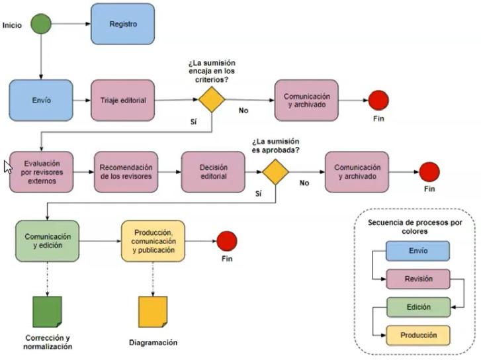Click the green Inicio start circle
[41, 24]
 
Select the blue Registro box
[122, 24]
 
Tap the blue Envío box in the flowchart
[40, 101]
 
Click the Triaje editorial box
[122, 101]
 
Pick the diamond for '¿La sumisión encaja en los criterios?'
[212, 101]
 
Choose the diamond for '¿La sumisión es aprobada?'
[275, 172]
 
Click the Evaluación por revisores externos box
[40, 172]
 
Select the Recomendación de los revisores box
[126, 172]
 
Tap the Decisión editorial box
[212, 172]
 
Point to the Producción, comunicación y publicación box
[153, 241]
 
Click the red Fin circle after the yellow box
[227, 241]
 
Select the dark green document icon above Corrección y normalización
[47, 311]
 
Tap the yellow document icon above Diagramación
[152, 311]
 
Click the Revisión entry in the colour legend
[417, 279]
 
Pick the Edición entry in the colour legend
[417, 307]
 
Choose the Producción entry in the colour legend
[417, 335]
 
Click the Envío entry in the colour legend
[417, 251]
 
